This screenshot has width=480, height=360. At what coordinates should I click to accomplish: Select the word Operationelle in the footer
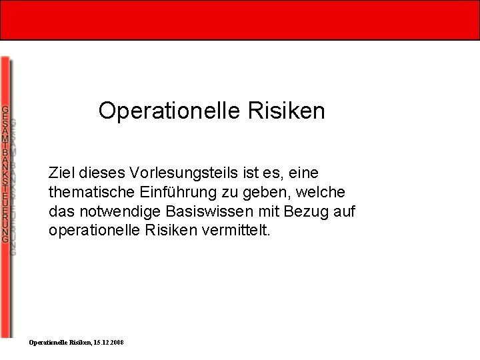(49, 342)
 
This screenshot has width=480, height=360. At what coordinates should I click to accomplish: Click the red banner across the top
(240, 20)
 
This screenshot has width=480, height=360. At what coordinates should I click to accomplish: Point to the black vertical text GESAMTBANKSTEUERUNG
(5, 174)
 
